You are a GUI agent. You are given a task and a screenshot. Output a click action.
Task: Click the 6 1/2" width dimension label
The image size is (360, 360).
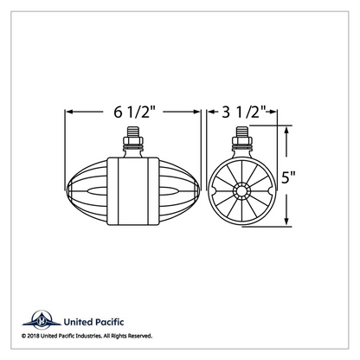click(x=135, y=112)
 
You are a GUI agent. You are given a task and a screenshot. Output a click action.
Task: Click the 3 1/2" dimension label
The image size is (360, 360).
click(x=243, y=112)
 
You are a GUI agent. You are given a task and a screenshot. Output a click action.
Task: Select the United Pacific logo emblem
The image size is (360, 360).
click(x=42, y=320)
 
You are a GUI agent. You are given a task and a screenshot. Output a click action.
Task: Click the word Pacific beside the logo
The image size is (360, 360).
click(x=109, y=322)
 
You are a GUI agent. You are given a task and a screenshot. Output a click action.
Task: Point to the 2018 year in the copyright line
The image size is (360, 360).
click(x=34, y=336)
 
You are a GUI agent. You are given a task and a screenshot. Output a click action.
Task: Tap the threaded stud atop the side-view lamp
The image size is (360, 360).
click(x=133, y=132)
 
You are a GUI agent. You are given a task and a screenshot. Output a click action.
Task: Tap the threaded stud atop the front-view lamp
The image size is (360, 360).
click(x=242, y=132)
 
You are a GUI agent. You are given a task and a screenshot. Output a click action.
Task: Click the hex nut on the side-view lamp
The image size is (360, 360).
click(x=133, y=141)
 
